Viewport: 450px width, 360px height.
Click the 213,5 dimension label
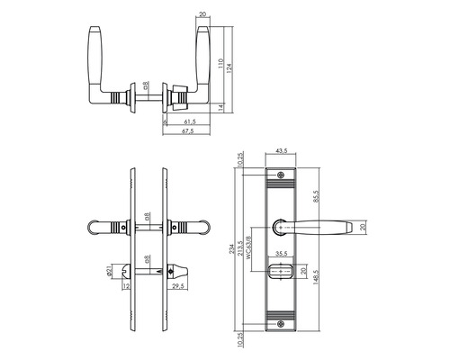tap(241, 254)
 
